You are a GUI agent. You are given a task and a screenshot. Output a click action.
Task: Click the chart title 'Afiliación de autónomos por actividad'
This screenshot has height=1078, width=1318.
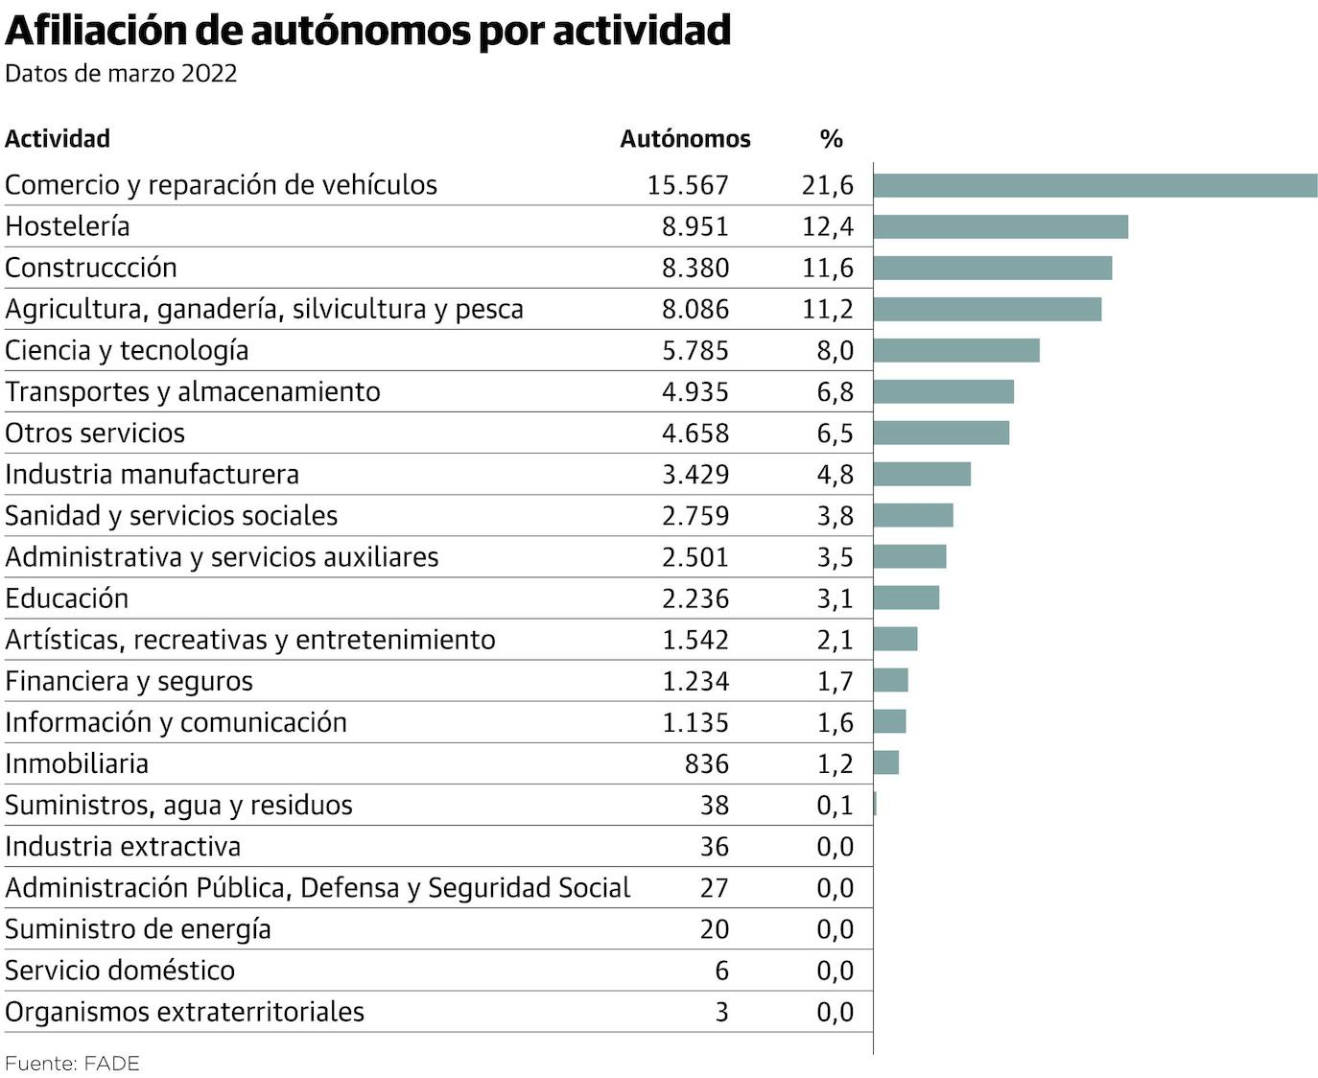(x=367, y=31)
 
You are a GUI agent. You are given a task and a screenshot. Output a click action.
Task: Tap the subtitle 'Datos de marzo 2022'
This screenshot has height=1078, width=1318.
(x=121, y=74)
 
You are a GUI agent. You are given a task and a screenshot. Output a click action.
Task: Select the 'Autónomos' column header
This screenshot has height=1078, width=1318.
(x=685, y=139)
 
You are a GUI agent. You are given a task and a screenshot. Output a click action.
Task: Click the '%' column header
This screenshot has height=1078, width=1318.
(x=831, y=139)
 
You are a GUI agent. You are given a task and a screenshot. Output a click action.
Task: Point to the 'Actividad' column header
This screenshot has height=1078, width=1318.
(x=58, y=139)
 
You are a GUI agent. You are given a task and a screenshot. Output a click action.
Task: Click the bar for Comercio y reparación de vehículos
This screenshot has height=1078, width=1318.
(x=1094, y=185)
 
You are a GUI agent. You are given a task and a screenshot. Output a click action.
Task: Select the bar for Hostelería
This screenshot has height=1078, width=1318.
(x=1000, y=226)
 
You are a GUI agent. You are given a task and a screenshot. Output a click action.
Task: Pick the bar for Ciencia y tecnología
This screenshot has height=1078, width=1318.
(x=956, y=350)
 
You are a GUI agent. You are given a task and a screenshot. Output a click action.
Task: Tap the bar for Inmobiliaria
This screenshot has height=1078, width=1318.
(x=886, y=762)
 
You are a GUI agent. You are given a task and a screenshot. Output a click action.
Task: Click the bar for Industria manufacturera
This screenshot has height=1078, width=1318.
(x=922, y=474)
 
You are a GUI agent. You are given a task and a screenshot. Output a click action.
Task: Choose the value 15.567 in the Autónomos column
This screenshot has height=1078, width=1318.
(x=688, y=185)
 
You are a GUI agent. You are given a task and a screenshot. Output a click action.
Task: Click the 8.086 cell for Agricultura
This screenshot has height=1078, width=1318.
(x=695, y=309)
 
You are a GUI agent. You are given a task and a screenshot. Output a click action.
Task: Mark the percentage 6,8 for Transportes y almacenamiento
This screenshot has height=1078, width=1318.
(x=835, y=391)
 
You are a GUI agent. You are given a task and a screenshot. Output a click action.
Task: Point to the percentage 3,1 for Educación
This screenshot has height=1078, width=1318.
(x=835, y=598)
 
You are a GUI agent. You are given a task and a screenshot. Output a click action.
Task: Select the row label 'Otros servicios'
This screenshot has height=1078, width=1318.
(x=95, y=433)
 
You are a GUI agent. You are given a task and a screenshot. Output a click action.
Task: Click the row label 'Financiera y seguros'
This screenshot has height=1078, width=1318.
(x=129, y=681)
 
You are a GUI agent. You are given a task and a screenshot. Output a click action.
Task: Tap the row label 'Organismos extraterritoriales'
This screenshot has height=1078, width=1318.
(x=185, y=1012)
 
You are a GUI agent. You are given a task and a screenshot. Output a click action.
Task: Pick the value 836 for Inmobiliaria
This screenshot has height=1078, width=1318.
(x=707, y=763)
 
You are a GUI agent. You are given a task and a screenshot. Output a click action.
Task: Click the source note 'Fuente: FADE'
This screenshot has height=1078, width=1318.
(x=73, y=1064)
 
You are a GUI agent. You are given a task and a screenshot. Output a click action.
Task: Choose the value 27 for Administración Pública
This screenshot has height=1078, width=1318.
(x=714, y=888)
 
